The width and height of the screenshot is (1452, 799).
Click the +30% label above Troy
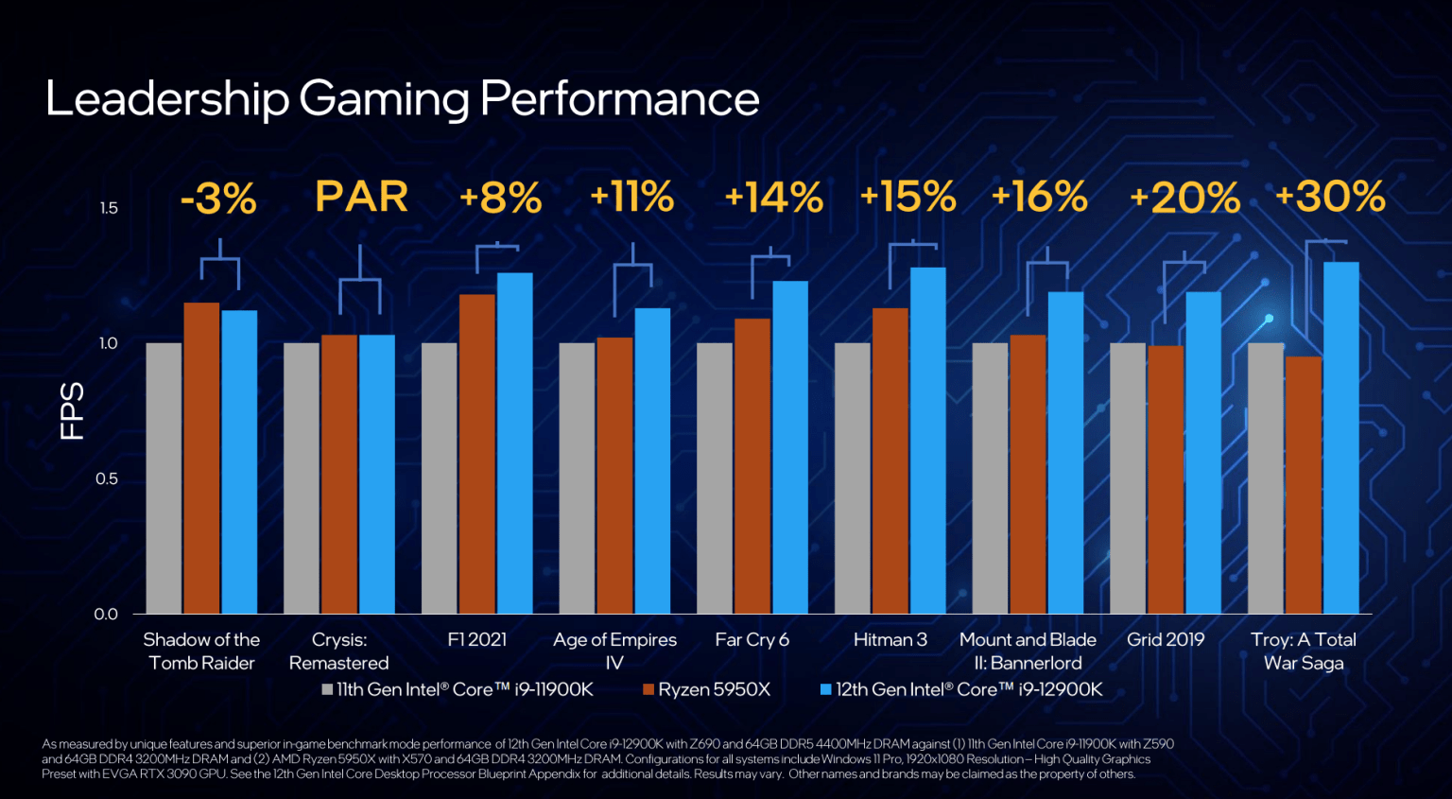click(x=1330, y=198)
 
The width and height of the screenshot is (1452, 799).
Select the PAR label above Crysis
click(x=361, y=198)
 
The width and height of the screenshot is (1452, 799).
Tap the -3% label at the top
click(x=218, y=199)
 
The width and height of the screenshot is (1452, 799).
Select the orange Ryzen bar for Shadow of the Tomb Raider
click(x=201, y=458)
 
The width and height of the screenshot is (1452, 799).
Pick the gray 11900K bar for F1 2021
click(x=439, y=478)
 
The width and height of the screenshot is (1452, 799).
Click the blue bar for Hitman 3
click(x=927, y=441)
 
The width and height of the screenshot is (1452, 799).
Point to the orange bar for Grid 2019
click(x=1165, y=479)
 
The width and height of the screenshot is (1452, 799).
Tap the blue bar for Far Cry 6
click(x=789, y=447)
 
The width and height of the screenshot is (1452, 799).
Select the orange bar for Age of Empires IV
click(x=614, y=476)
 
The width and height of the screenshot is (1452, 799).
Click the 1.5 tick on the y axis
click(x=109, y=208)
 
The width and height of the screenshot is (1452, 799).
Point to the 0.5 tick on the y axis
click(x=107, y=478)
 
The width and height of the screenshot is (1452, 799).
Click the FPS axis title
click(x=73, y=411)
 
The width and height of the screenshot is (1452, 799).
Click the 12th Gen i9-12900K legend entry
click(x=961, y=689)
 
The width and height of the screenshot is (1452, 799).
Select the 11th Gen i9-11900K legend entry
click(x=458, y=689)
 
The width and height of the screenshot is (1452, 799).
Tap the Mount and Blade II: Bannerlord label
click(x=1028, y=651)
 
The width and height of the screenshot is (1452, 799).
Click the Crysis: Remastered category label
click(x=338, y=651)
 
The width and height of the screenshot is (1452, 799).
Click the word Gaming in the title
click(x=384, y=98)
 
